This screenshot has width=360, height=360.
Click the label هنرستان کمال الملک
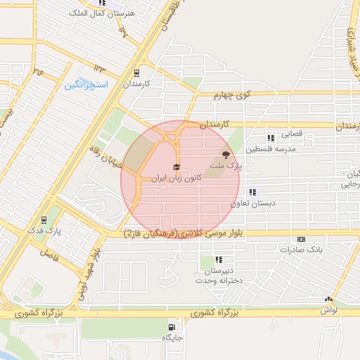[x=98, y=13]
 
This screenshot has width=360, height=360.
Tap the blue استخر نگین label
[x=85, y=85]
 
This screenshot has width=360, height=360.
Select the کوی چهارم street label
[x=224, y=96]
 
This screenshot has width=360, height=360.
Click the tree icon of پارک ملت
[x=225, y=155]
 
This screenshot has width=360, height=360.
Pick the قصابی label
[x=292, y=132]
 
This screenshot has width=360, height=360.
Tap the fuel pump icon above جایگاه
[x=172, y=327]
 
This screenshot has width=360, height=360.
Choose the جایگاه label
[x=172, y=338]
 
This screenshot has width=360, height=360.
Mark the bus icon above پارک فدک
[x=44, y=219]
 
